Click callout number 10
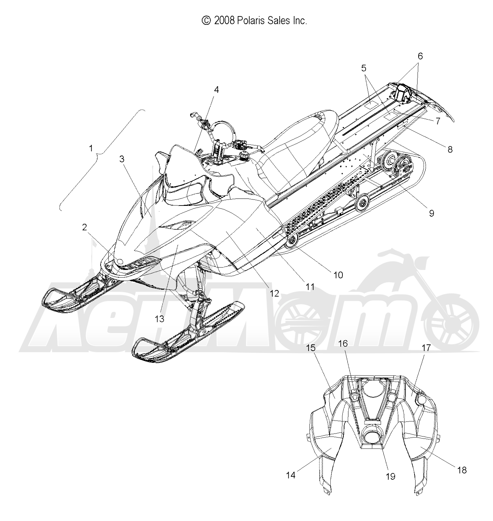coord(338,275)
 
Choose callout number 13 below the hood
coord(160,319)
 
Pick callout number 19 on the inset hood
coord(391,476)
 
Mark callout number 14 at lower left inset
coord(291,475)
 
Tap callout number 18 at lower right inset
coord(462,470)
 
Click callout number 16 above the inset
coord(343,344)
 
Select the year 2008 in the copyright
coord(224,21)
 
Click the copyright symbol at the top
coord(206,21)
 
